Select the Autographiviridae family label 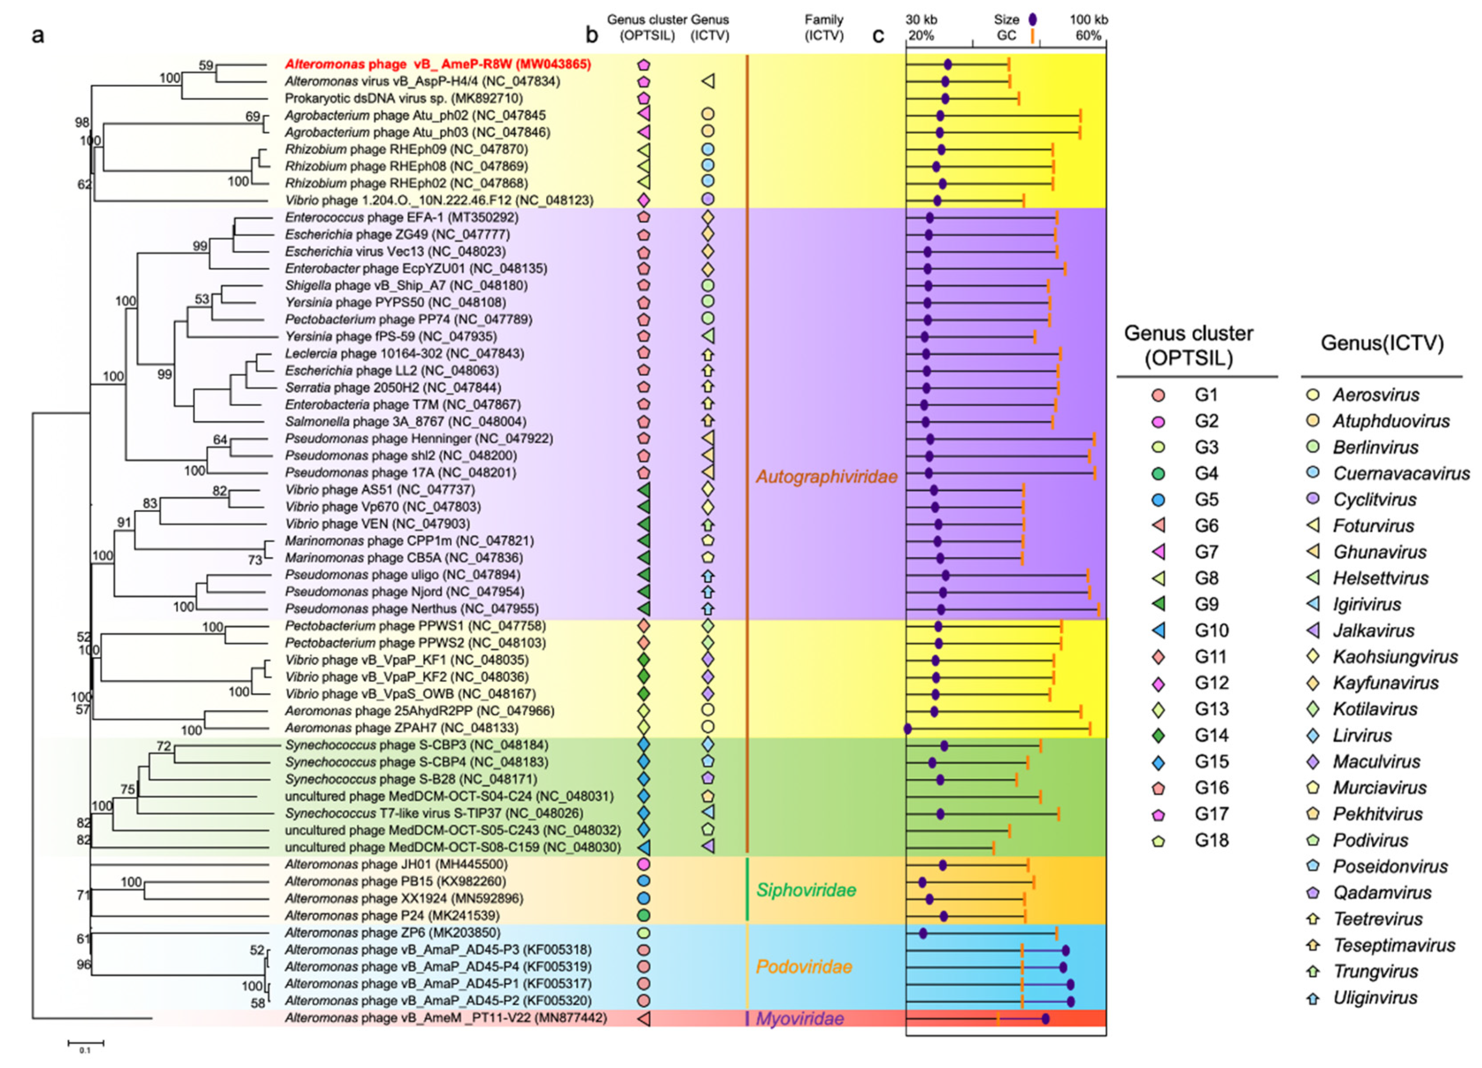[827, 477]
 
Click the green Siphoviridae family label [806, 890]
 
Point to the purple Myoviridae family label [800, 1018]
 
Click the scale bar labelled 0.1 [86, 1043]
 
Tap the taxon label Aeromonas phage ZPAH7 [401, 728]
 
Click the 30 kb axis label [921, 19]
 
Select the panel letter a [38, 35]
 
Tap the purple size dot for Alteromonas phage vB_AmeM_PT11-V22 [1045, 1018]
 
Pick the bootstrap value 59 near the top [206, 65]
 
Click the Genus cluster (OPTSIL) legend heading [1188, 345]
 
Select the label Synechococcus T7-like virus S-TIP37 [434, 813]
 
